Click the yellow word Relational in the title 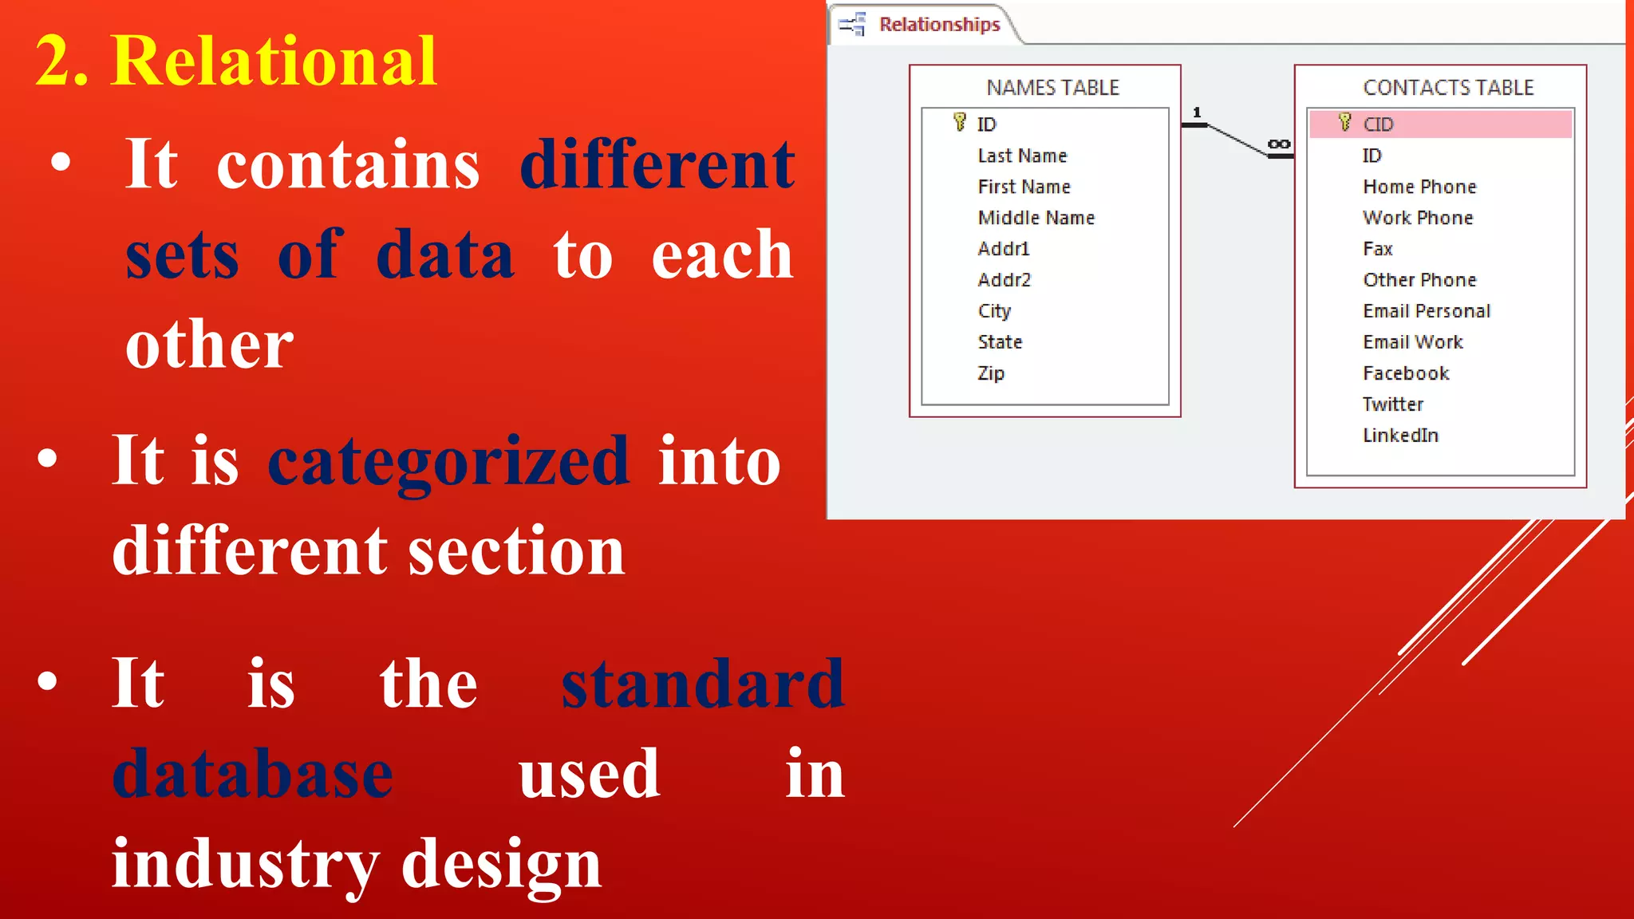[274, 61]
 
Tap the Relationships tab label [939, 25]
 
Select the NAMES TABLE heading [1052, 88]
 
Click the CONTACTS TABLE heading [1448, 88]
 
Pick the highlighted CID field [1378, 124]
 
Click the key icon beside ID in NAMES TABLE [960, 122]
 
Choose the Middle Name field [1036, 218]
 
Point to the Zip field [991, 373]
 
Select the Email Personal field [1426, 311]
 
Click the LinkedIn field [1400, 436]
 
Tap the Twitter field [1392, 404]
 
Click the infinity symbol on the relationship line [1278, 144]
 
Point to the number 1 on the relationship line [1196, 112]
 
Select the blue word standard [702, 684]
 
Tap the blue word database [252, 774]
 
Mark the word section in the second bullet [516, 551]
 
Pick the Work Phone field [1418, 218]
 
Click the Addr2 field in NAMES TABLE [1004, 280]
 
